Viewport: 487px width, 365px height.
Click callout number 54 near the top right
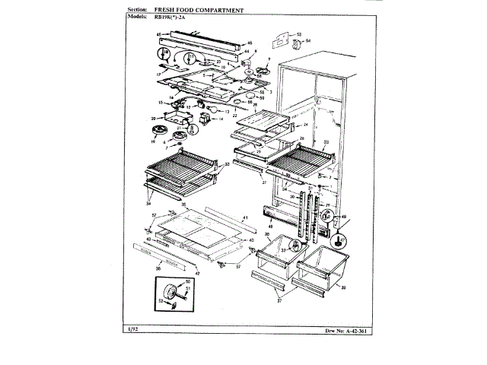click(309, 40)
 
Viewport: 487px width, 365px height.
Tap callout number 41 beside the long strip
click(245, 219)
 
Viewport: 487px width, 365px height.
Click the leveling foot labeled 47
click(335, 242)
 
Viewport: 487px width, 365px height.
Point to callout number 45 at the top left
click(158, 35)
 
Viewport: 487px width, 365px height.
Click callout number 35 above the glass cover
click(182, 205)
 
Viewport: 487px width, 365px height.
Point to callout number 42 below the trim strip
click(197, 272)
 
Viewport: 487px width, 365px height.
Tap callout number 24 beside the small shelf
click(305, 124)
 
